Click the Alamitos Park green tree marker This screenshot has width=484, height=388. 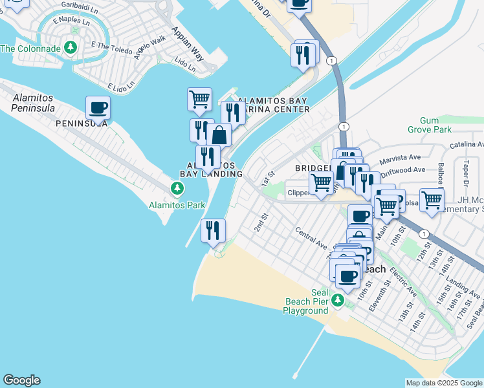[176, 188]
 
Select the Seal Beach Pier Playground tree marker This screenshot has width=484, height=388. [337, 300]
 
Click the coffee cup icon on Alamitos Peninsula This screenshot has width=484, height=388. [98, 107]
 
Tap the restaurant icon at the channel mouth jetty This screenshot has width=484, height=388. [213, 230]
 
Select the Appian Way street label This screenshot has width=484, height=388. [188, 44]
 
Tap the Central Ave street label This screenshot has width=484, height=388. [310, 237]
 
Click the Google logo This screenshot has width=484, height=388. [21, 380]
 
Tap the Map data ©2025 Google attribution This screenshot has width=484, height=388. [444, 382]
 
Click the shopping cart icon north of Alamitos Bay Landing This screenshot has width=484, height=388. [199, 99]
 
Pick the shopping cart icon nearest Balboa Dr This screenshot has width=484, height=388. [432, 199]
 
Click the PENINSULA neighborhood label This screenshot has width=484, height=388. [81, 124]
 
